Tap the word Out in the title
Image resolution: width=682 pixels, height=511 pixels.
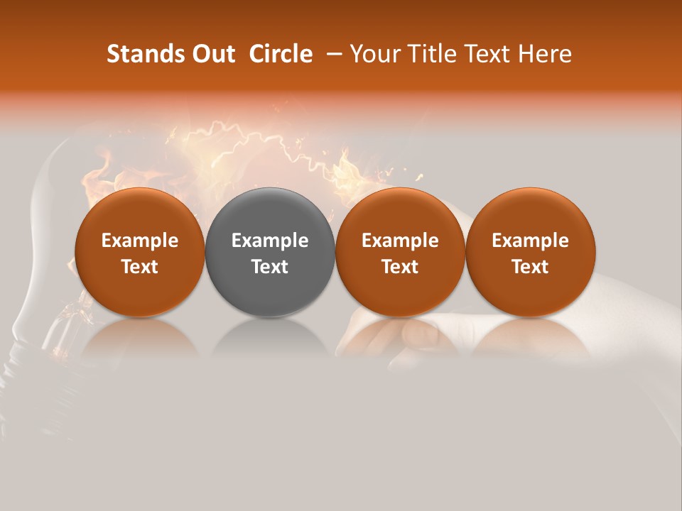[212, 54]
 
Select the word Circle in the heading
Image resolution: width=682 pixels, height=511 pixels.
[281, 54]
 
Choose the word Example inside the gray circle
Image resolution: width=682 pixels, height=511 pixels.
[270, 241]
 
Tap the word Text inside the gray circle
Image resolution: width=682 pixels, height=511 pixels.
[270, 267]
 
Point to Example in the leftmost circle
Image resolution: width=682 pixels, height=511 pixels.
[140, 241]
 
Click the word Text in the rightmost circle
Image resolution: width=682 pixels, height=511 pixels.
[530, 267]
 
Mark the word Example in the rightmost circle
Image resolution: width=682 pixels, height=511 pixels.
[530, 241]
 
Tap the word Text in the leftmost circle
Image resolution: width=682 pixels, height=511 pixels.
[140, 267]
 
